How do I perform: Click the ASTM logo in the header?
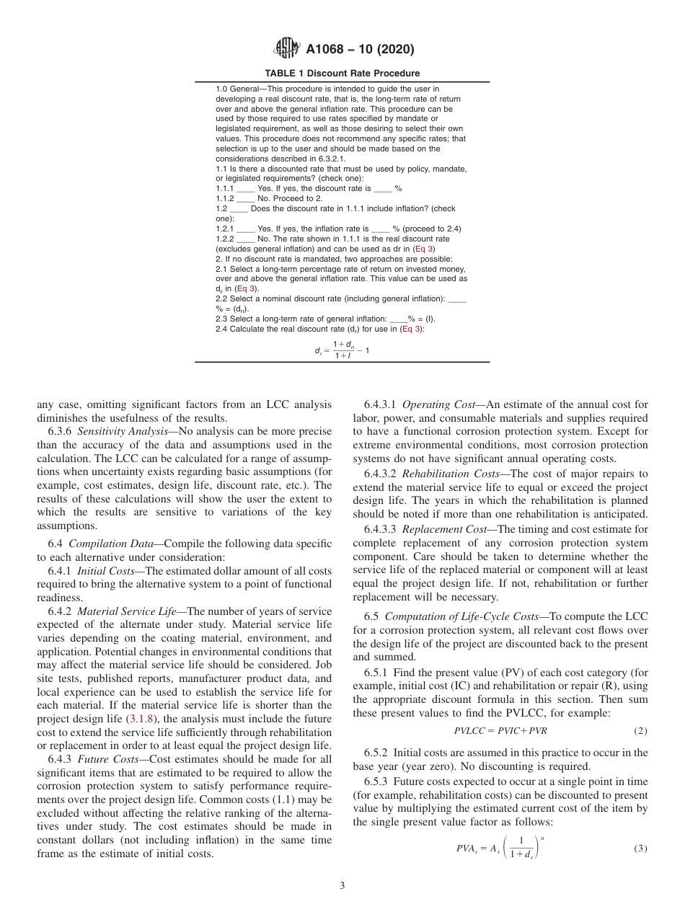coord(287,49)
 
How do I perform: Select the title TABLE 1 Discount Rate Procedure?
coord(342,74)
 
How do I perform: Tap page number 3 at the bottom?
coord(342,886)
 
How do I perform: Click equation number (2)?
coord(640,731)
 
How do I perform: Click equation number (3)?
coord(640,849)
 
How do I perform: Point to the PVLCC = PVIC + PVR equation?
coord(500,731)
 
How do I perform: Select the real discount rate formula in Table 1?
coord(342,350)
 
